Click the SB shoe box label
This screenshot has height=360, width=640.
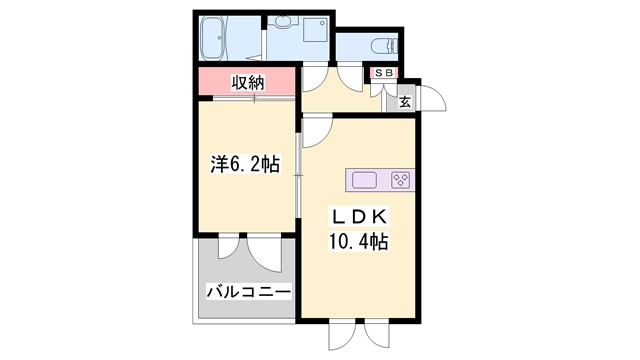(x=385, y=72)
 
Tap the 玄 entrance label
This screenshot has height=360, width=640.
(x=406, y=100)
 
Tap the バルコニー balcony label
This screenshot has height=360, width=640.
(x=247, y=293)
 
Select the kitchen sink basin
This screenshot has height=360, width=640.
(x=364, y=180)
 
